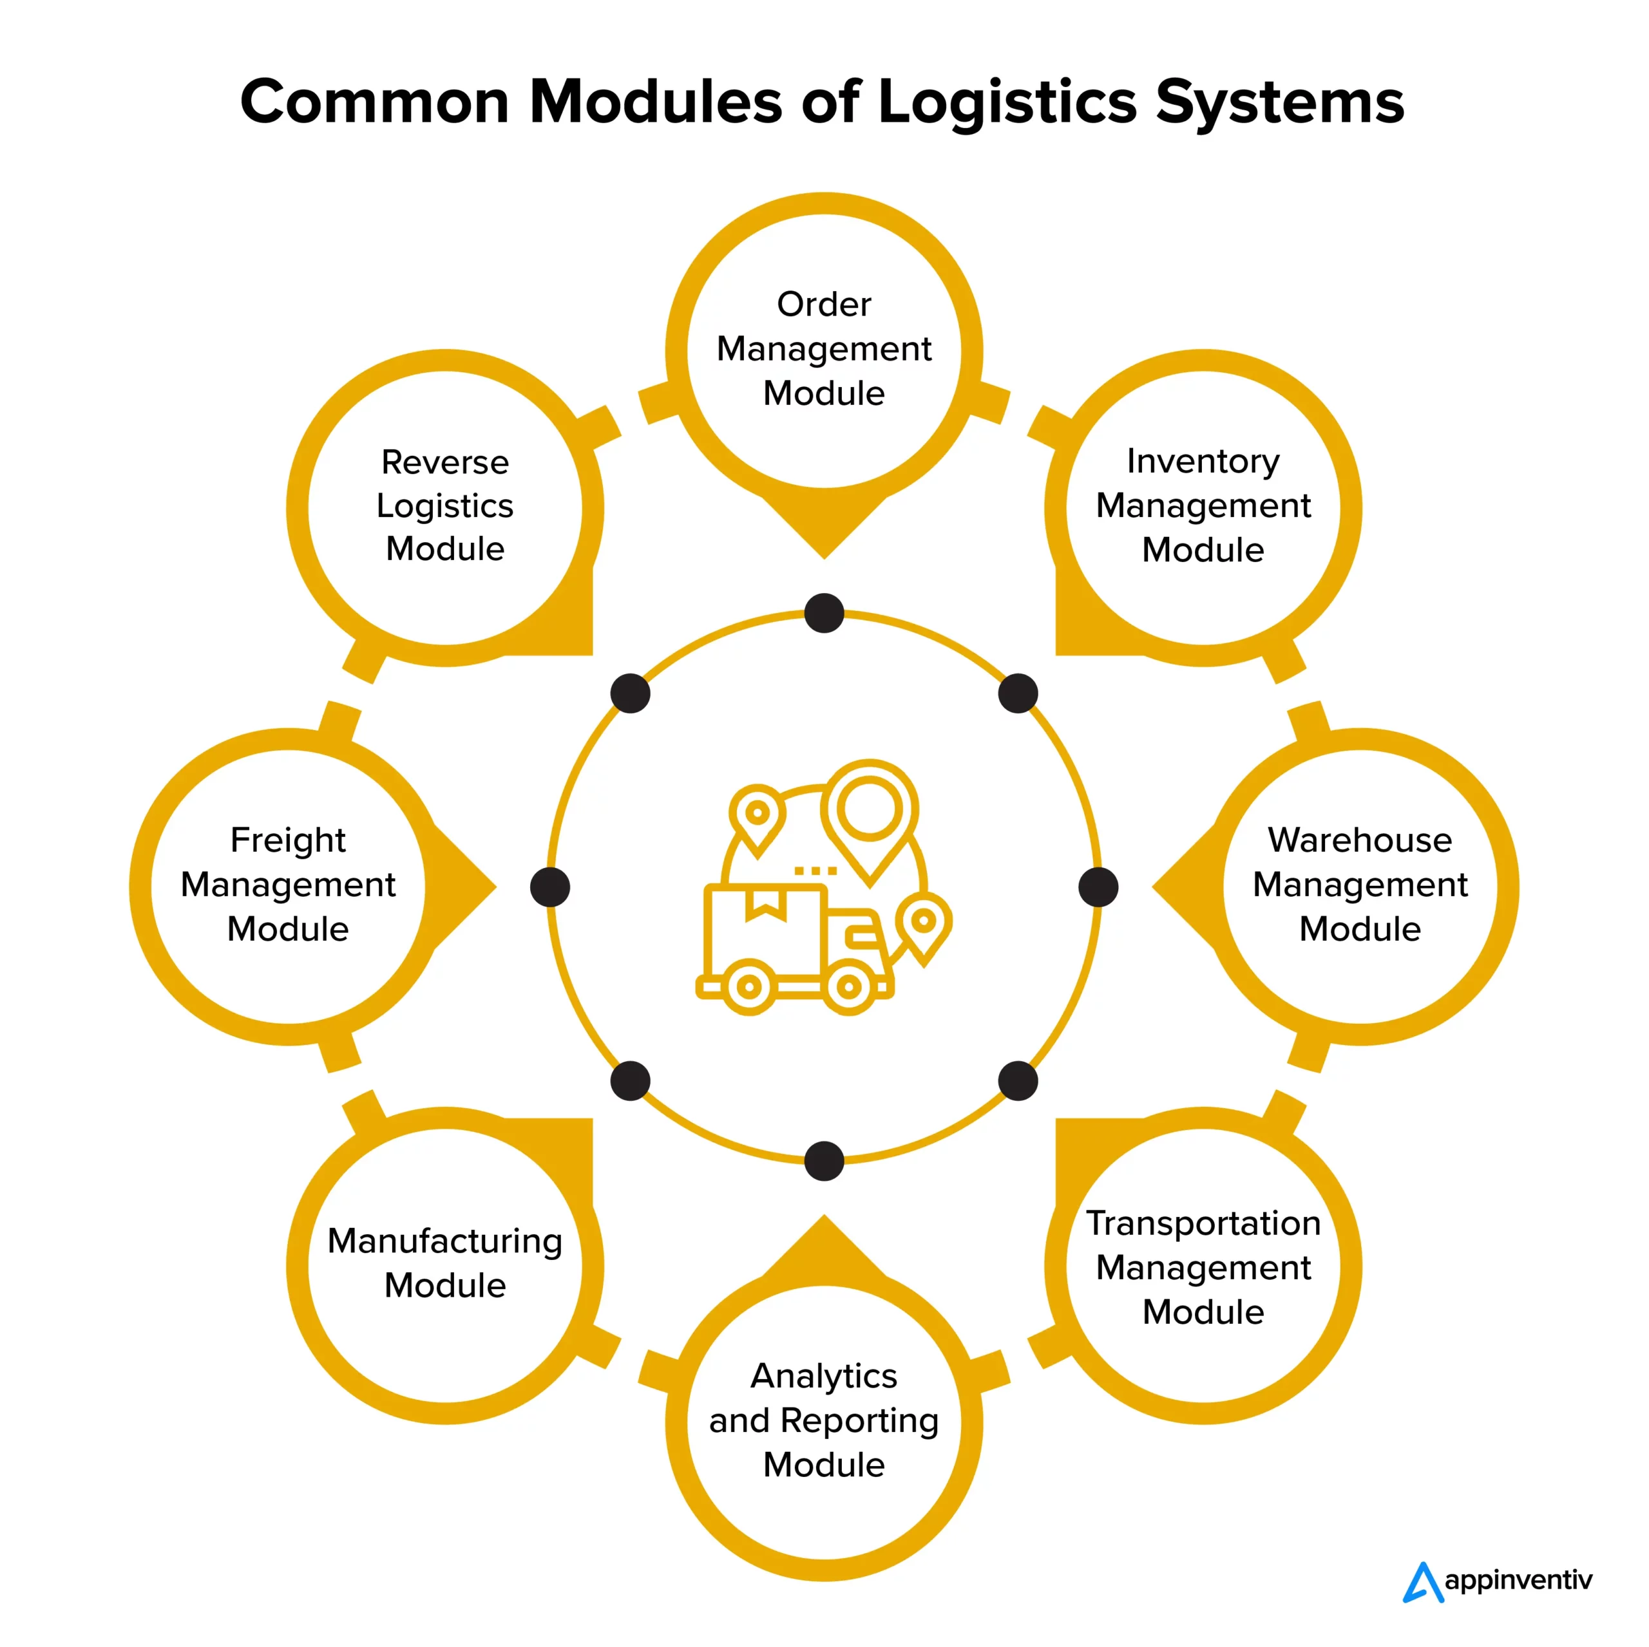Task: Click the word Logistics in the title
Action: pos(1007,102)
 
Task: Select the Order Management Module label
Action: pos(824,348)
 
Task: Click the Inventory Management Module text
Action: pos(1203,505)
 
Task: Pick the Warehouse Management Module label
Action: pos(1360,884)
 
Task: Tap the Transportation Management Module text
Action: pos(1203,1267)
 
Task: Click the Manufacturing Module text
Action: pos(444,1263)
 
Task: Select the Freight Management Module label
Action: pos(289,884)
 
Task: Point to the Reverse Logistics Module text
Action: pos(444,505)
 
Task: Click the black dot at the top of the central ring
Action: pos(824,614)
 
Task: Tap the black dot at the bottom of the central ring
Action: pos(824,1161)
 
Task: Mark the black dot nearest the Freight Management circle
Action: pos(549,887)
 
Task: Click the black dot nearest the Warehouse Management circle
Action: pos(1098,887)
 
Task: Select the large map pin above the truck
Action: pos(869,815)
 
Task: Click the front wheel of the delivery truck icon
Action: pos(848,987)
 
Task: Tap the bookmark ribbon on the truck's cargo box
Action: pos(766,905)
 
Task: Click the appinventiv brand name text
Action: pos(1518,1581)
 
